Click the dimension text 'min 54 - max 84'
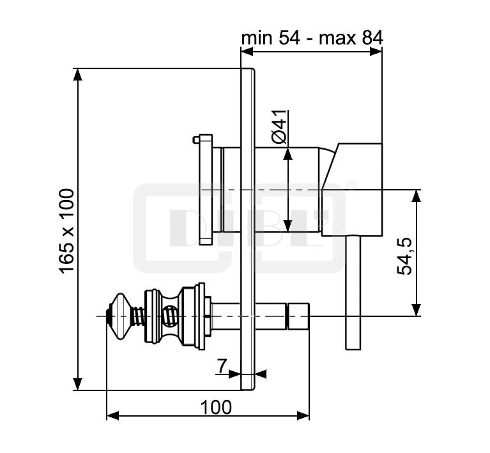coord(311,38)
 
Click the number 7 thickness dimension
coord(222,366)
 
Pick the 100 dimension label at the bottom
coord(215,406)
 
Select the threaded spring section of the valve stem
coord(136,316)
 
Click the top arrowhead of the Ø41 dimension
coord(288,153)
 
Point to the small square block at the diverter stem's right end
coord(298,316)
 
